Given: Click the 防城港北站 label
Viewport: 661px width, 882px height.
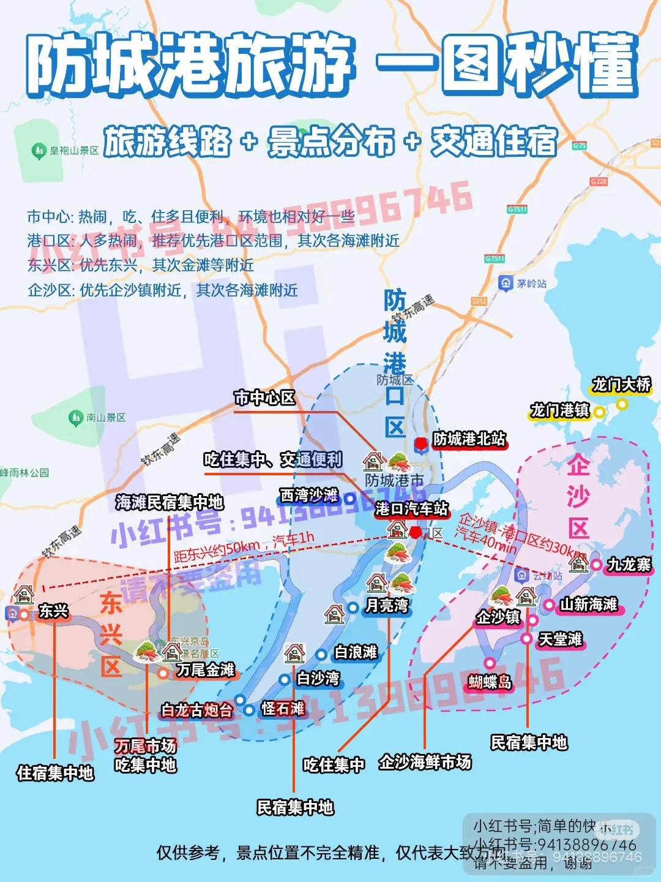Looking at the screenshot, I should pyautogui.click(x=469, y=439).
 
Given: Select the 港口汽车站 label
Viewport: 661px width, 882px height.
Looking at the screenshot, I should pyautogui.click(x=411, y=508).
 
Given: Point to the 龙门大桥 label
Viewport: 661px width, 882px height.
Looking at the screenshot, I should pyautogui.click(x=621, y=385).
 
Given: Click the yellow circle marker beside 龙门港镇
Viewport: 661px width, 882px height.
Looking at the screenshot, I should pyautogui.click(x=599, y=412).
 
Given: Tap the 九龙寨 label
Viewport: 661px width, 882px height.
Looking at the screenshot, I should pyautogui.click(x=629, y=564).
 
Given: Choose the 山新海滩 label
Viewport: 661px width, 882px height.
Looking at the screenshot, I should pyautogui.click(x=589, y=605).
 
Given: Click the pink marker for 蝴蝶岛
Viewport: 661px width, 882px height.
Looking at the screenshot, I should pyautogui.click(x=490, y=663).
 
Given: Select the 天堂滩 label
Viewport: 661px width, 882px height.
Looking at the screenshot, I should pyautogui.click(x=560, y=639).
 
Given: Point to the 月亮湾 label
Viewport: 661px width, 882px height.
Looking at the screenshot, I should pyautogui.click(x=387, y=606).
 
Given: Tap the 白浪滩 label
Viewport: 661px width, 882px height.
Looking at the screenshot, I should pyautogui.click(x=356, y=652).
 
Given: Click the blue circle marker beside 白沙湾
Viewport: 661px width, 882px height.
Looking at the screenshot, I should pyautogui.click(x=284, y=679).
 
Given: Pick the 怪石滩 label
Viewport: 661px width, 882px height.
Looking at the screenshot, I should pyautogui.click(x=283, y=709).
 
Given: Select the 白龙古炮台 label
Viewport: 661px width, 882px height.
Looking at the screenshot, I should pyautogui.click(x=197, y=710).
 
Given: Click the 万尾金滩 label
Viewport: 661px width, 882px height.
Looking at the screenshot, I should pyautogui.click(x=206, y=670).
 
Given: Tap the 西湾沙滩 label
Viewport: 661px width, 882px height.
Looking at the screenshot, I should pyautogui.click(x=309, y=495).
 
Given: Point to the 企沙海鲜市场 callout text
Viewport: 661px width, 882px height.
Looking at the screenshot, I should pyautogui.click(x=425, y=762).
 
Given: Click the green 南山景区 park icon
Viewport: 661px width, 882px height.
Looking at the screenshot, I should pyautogui.click(x=76, y=418).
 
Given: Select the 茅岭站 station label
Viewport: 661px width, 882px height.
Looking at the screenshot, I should pyautogui.click(x=531, y=283).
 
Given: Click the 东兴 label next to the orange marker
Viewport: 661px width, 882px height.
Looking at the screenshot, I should pyautogui.click(x=53, y=611).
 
